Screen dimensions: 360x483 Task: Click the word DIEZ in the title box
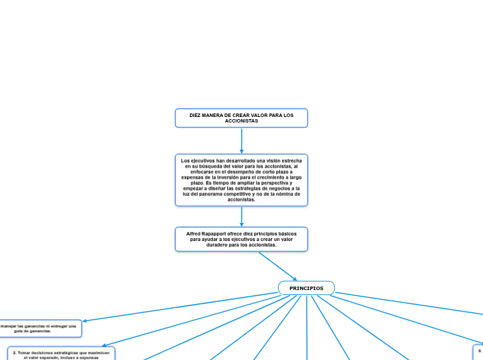(196, 115)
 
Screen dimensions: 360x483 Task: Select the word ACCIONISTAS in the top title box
(241, 121)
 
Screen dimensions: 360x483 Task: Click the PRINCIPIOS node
(306, 288)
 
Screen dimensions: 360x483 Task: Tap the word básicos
(286, 234)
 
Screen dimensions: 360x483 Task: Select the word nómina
(279, 194)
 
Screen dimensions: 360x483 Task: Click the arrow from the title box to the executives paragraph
(241, 141)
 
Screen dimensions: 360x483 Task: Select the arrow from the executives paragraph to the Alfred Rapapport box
(241, 216)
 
